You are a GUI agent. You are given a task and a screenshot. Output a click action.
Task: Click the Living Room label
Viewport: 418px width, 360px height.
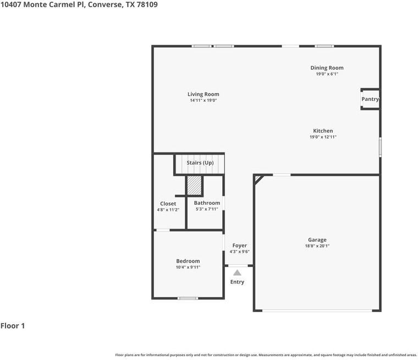(x=203, y=94)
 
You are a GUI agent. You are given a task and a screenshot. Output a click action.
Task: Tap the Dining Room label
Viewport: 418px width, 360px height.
(x=327, y=68)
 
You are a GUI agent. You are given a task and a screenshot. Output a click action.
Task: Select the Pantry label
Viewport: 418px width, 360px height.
(x=370, y=99)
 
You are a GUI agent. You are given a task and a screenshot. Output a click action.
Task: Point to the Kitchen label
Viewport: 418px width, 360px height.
(x=323, y=131)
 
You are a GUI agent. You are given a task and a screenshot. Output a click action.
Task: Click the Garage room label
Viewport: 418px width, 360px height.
(x=317, y=240)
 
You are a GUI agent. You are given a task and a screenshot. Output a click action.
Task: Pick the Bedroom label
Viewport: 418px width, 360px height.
(x=188, y=261)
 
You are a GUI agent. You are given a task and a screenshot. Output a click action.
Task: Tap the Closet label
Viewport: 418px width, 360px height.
(x=168, y=204)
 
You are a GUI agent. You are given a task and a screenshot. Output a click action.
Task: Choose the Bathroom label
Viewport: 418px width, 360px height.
(x=207, y=203)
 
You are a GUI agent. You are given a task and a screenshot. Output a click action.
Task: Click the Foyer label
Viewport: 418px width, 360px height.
(x=239, y=246)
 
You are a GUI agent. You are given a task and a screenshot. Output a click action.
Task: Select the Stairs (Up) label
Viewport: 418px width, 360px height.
(x=200, y=163)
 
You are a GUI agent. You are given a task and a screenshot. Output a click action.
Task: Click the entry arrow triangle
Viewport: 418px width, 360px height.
(x=237, y=272)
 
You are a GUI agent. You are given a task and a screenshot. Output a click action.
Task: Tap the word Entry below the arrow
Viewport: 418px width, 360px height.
(x=237, y=282)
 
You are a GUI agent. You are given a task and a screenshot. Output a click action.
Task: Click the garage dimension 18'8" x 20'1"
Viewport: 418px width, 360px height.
(x=317, y=246)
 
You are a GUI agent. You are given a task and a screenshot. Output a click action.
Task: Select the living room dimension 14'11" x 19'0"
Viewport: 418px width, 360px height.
(x=203, y=100)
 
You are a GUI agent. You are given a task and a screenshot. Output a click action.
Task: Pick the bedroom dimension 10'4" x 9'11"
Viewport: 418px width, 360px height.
(x=188, y=267)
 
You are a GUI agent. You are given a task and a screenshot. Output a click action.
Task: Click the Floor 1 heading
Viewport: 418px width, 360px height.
(x=13, y=326)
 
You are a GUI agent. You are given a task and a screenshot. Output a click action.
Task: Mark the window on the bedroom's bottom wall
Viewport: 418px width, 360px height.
(x=188, y=298)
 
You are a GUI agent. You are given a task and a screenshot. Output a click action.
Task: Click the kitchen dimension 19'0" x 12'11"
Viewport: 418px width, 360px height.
(x=323, y=137)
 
